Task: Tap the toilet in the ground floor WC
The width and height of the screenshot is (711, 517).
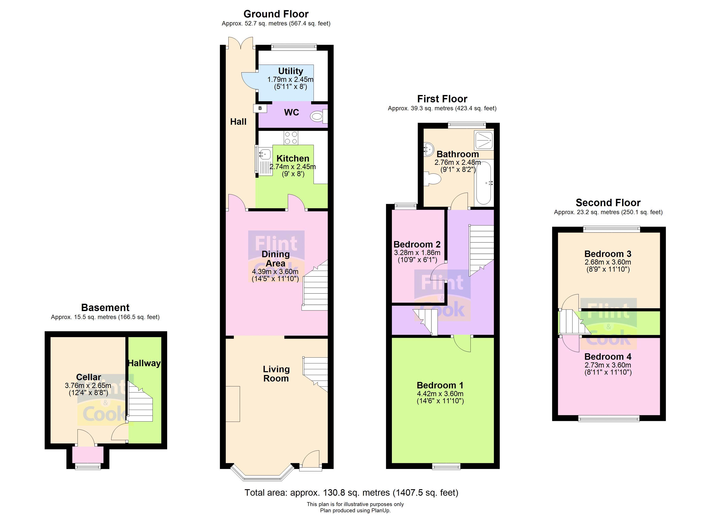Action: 318,117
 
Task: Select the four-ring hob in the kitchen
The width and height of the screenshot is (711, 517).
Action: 291,138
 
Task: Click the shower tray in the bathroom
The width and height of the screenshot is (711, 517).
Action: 484,140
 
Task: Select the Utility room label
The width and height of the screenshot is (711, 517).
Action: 291,71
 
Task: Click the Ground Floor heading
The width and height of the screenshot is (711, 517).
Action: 276,14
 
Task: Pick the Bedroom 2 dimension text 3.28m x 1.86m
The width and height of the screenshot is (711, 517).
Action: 417,253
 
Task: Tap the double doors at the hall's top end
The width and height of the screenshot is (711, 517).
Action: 240,43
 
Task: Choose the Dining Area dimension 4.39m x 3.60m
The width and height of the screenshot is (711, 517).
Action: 275,271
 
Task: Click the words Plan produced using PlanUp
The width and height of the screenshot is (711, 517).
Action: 355,510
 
